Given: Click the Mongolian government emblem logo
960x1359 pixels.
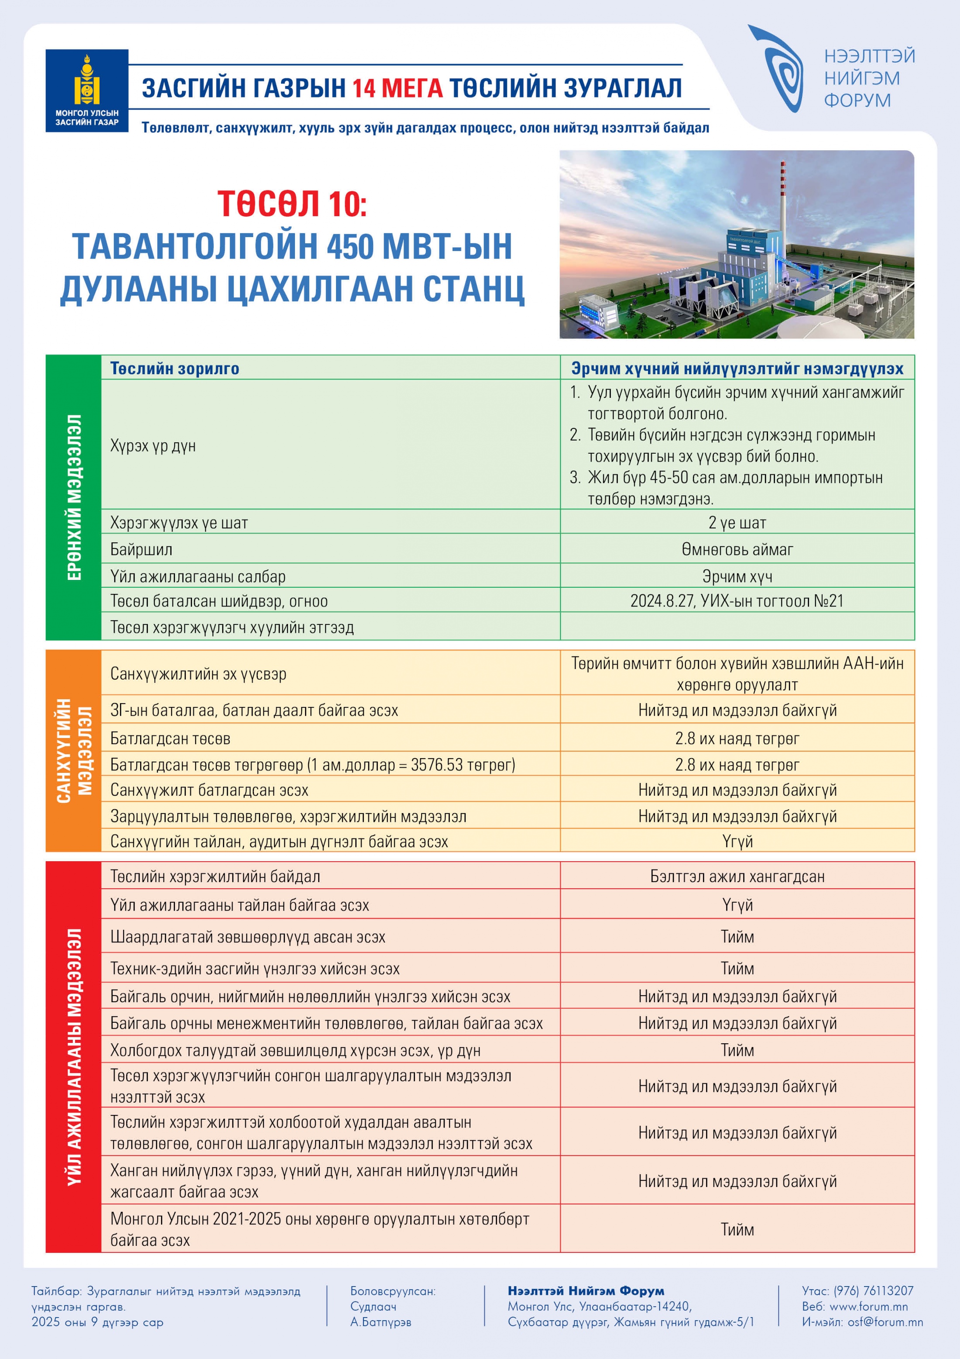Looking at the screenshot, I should tap(87, 90).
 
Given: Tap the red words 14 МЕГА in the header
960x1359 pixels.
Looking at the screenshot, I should tap(398, 88).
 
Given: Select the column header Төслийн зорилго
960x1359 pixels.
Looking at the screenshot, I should tap(175, 368).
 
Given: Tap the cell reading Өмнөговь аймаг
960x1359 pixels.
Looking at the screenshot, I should tap(737, 549).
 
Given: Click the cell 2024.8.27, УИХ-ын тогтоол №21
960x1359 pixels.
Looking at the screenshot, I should tap(737, 601).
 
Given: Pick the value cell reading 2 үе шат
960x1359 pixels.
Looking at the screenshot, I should tap(737, 523).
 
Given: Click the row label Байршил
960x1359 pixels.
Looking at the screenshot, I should tap(141, 549).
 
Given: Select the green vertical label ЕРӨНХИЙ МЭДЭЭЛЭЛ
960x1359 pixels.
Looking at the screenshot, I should tap(73, 497).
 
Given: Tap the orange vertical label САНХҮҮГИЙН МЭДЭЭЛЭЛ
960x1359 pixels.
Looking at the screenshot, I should tap(73, 751).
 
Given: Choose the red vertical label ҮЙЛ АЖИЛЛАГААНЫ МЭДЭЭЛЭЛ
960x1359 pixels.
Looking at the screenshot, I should tap(73, 1056).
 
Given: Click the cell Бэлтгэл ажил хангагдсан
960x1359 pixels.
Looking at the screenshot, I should tap(737, 876).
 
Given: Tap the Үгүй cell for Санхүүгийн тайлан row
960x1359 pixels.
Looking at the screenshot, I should tap(737, 841).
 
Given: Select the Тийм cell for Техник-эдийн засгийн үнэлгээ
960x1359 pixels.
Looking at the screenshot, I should tap(737, 968).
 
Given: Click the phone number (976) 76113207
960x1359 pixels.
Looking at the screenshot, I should tap(872, 1291).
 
